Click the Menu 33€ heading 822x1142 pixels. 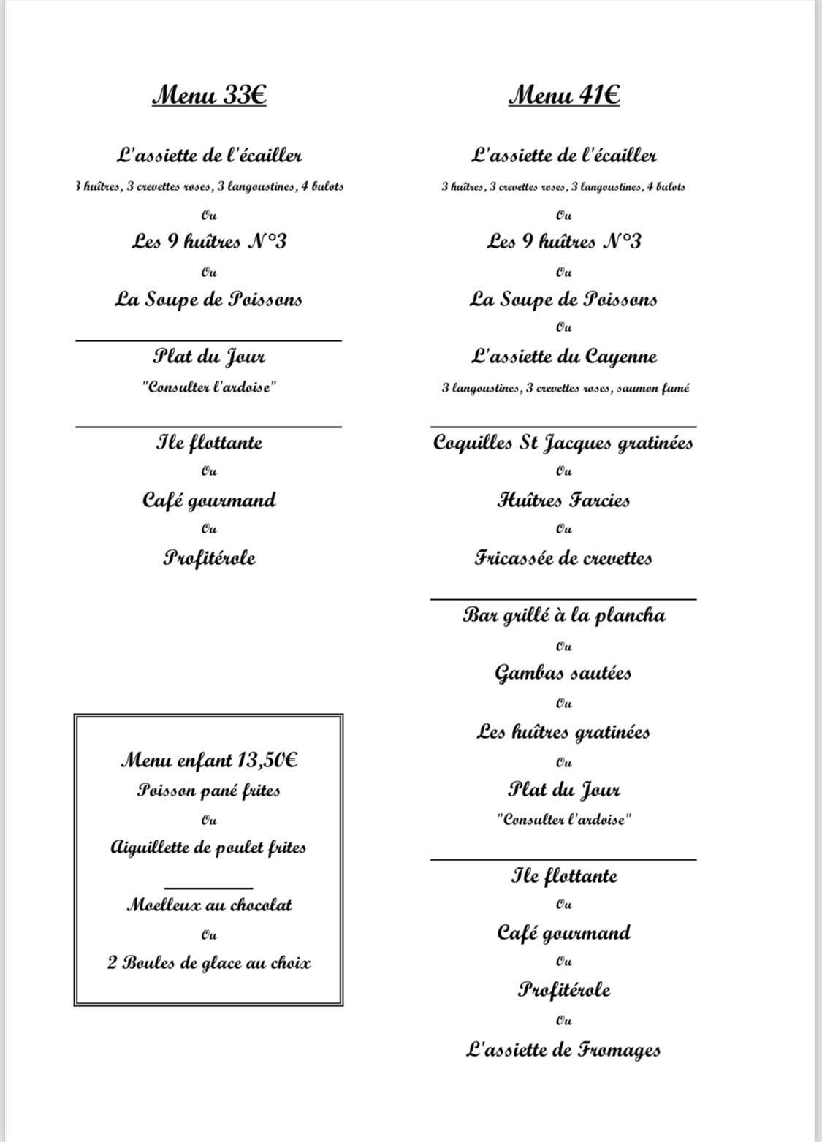coord(209,95)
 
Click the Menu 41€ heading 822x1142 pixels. coord(564,95)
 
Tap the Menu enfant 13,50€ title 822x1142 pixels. coord(209,760)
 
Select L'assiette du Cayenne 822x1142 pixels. coord(564,357)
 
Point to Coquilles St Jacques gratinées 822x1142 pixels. coord(563,443)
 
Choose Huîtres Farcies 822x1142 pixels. coord(563,500)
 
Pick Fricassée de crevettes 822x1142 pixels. coord(563,558)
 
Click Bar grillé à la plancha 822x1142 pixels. coord(563,615)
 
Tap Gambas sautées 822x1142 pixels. coord(563,673)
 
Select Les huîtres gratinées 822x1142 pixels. coord(563,731)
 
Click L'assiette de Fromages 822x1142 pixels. coord(563,1050)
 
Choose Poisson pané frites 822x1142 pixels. coord(209,790)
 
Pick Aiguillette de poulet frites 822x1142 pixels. coord(209,848)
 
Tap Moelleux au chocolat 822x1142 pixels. coord(209,905)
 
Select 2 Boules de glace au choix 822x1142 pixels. coord(209,963)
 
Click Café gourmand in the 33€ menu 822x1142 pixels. coord(209,500)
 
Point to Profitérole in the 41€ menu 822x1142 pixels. coord(563,990)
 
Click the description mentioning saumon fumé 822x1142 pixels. coord(565,388)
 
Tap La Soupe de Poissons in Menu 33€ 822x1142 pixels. coord(209,300)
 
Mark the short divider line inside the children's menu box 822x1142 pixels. coord(209,888)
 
